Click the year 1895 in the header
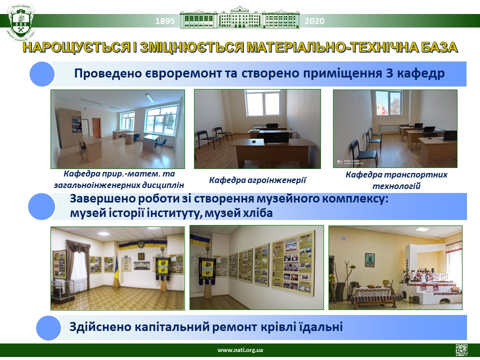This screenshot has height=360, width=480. (x=165, y=21)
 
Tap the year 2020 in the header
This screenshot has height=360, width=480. (x=314, y=21)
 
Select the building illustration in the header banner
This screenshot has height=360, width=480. (x=239, y=18)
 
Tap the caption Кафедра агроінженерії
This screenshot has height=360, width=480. (x=257, y=180)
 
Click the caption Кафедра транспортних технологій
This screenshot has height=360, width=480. (x=396, y=180)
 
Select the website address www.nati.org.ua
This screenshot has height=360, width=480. (x=240, y=350)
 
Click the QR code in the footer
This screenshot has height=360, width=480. (x=461, y=350)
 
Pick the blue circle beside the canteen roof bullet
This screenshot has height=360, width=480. (x=48, y=327)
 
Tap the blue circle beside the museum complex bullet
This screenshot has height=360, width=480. (x=41, y=206)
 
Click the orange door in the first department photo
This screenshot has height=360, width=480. (x=96, y=128)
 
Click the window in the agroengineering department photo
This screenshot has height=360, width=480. (x=262, y=103)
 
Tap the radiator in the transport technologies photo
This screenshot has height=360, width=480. (x=389, y=128)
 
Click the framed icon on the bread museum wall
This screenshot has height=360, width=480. (x=369, y=260)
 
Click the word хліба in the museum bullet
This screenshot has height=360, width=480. (x=256, y=213)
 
